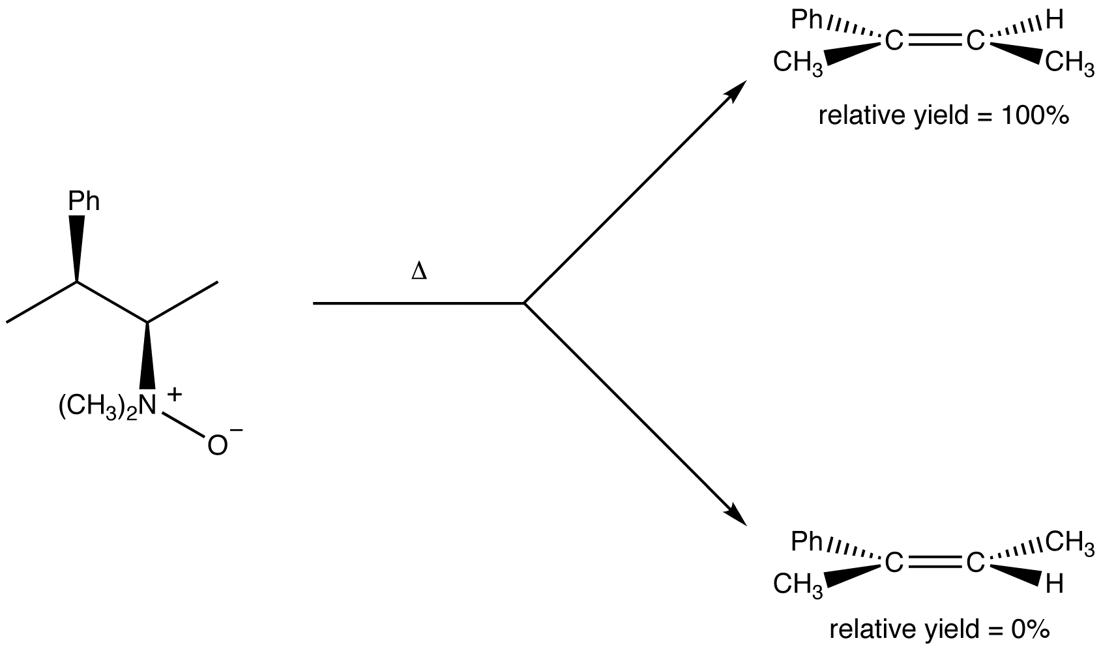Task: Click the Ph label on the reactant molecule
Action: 84,202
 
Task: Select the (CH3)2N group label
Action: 108,407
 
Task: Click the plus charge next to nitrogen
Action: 174,394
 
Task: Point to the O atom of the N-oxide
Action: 217,445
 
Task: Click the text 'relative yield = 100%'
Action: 943,116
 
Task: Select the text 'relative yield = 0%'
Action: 939,630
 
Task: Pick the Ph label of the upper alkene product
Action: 806,21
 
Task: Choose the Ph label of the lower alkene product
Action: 806,541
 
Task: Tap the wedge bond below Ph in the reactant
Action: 78,248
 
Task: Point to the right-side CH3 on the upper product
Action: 1070,64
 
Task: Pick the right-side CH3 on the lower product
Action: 1070,541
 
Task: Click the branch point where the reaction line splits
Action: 524,303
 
